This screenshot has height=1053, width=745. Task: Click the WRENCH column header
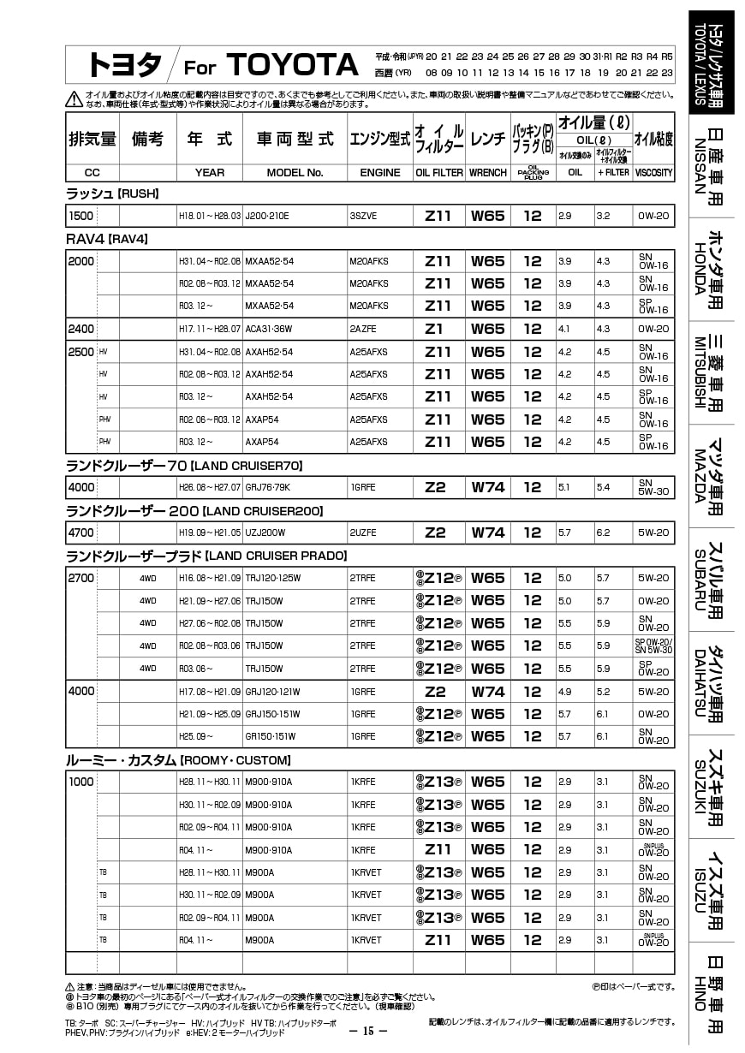488,172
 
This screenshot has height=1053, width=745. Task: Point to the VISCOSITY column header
654,172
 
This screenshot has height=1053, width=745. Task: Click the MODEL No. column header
295,172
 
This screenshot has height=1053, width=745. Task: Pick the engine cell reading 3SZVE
363,216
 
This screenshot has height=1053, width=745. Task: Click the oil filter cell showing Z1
434,329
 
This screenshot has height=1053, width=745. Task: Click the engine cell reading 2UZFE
363,532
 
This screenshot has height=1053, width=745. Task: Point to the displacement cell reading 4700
80,532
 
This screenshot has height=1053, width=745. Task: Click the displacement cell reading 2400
80,329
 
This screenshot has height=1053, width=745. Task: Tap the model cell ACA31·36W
269,329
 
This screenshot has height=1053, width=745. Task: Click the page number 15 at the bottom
371,1031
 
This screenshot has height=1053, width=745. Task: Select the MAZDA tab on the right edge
711,476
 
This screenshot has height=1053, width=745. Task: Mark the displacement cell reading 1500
80,216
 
